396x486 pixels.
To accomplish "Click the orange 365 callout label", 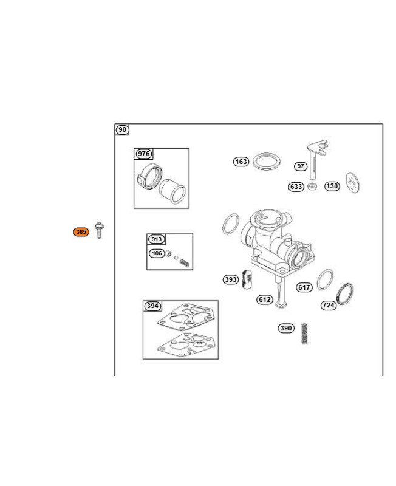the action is click(81, 232).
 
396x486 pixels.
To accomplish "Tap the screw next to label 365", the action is click(99, 230).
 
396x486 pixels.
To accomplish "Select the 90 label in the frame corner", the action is click(123, 129).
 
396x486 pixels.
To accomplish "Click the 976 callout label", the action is click(144, 154).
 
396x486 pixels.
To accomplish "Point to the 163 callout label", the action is click(241, 162).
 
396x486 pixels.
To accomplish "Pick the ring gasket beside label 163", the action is click(267, 161).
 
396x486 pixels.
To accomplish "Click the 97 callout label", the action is click(301, 166).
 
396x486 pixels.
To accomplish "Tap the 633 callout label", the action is click(296, 187).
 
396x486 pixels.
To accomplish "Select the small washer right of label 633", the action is click(312, 187).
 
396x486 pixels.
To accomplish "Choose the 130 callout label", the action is click(332, 186).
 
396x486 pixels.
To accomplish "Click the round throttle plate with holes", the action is click(353, 182).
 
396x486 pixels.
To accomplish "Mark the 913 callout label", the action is click(157, 239).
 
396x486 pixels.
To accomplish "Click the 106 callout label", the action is click(157, 253).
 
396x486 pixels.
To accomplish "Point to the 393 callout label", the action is click(231, 279).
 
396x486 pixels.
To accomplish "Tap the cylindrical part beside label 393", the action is click(247, 279).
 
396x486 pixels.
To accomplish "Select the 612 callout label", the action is click(265, 299).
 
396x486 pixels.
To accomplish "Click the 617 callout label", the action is click(304, 287).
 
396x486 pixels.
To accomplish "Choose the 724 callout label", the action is click(329, 306).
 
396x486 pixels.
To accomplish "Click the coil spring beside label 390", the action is click(304, 334).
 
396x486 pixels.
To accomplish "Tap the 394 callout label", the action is click(152, 306).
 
